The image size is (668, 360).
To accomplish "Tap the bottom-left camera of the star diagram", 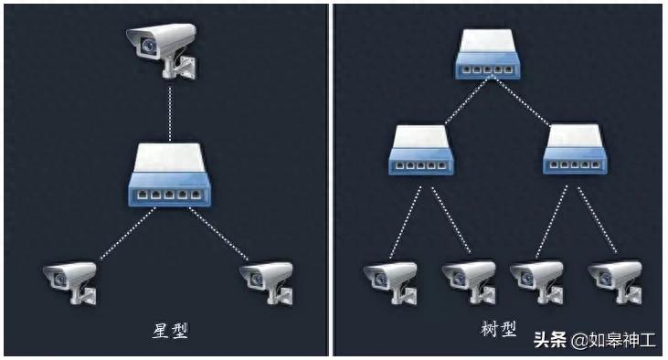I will tap(71, 279).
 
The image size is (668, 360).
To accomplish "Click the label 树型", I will tap(498, 329).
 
